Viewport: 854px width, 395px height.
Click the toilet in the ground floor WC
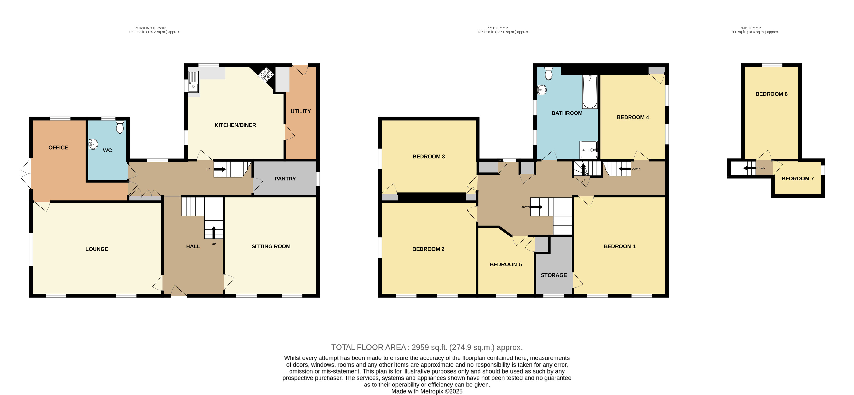(120, 127)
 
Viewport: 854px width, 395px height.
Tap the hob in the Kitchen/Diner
(266, 75)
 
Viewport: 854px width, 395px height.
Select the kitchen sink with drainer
(193, 82)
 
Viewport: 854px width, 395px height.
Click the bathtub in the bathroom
(590, 92)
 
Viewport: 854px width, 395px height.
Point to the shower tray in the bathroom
(589, 150)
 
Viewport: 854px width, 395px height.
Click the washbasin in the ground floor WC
(93, 144)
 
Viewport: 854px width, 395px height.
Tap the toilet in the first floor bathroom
(549, 73)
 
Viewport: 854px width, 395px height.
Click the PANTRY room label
(285, 179)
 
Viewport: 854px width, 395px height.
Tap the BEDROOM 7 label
(798, 179)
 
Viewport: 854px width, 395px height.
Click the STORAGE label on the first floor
(554, 275)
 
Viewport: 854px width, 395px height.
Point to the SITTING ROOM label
(271, 246)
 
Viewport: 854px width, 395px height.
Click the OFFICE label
(58, 148)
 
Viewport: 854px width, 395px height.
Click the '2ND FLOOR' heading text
(751, 28)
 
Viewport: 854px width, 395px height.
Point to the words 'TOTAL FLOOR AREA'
(368, 347)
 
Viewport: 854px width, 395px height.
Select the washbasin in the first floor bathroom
(542, 90)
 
